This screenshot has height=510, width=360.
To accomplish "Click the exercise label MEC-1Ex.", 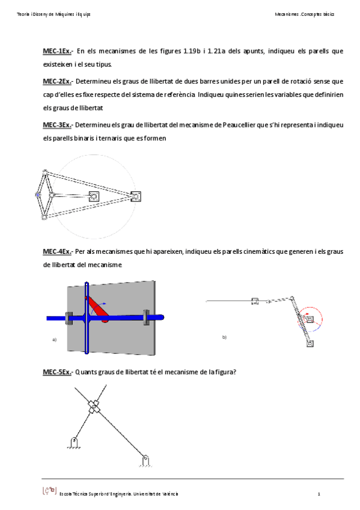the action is point(58,51).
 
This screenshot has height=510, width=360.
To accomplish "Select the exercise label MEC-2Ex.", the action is point(58,81).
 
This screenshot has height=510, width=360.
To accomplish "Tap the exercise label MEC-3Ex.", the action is point(58,125).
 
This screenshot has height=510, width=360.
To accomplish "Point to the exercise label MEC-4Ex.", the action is point(58,251).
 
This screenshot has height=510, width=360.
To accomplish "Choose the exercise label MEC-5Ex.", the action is point(58,372).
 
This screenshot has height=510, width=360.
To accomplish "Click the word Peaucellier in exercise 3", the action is point(239,125).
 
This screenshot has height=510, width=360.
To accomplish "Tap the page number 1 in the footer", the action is point(319,494).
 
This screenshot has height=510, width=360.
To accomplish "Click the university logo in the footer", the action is point(50,491).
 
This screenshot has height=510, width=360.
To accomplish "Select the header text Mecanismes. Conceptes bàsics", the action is point(305,14).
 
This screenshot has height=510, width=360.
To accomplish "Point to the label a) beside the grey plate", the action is point(54,340).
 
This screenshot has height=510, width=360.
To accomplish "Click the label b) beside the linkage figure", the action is point(224,337).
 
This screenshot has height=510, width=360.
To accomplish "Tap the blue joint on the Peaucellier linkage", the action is point(37,195).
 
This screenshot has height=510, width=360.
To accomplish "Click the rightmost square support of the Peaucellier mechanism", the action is point(135,197).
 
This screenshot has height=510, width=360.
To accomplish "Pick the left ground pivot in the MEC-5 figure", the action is point(74,443).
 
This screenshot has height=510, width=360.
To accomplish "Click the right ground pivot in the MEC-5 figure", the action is point(146,461).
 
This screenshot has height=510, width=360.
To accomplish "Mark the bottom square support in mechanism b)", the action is point(310,343).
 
